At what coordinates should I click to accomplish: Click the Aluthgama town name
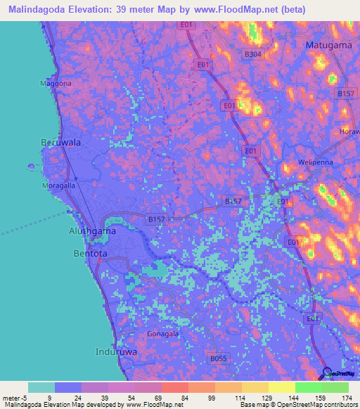pyautogui.click(x=92, y=231)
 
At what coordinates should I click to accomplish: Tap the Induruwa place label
pyautogui.click(x=116, y=351)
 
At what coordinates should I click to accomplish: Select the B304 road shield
pyautogui.click(x=252, y=53)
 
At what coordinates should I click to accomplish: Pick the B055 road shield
pyautogui.click(x=219, y=358)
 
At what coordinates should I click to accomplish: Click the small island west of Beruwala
pyautogui.click(x=30, y=167)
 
